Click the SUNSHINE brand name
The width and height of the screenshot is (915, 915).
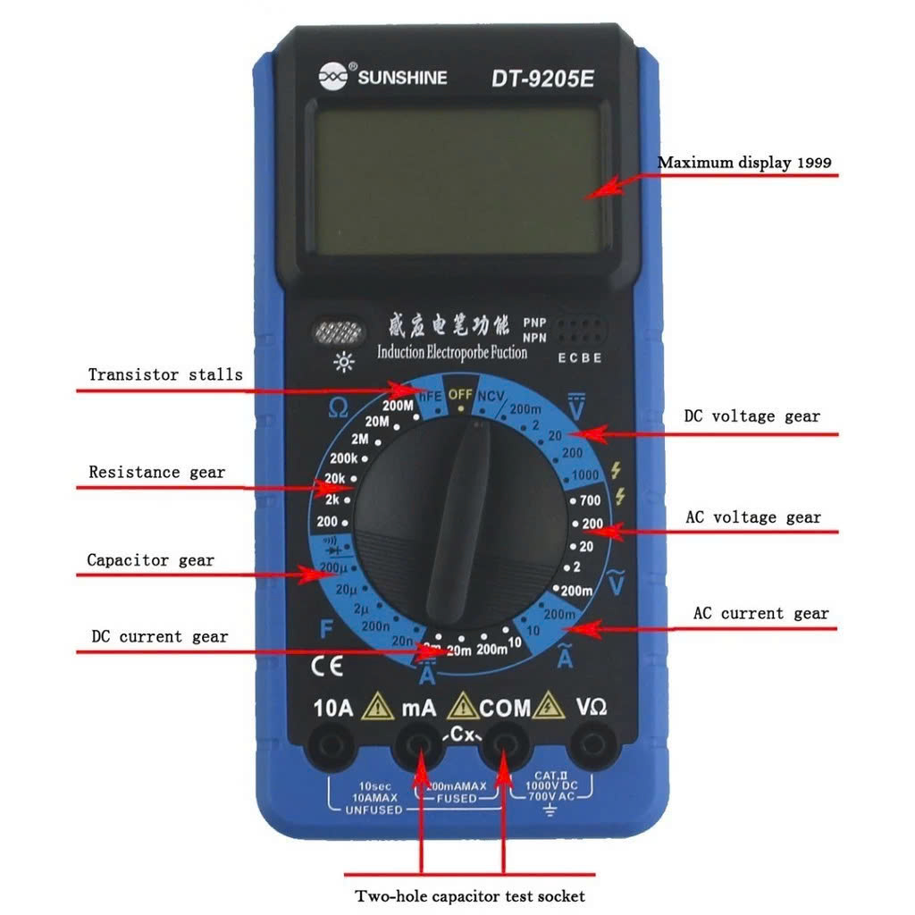pyautogui.click(x=402, y=78)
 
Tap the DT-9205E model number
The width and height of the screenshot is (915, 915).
pyautogui.click(x=542, y=79)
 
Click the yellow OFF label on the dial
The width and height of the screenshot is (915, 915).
pyautogui.click(x=460, y=394)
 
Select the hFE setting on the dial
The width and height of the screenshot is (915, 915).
pyautogui.click(x=431, y=394)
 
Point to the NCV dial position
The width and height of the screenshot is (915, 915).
pyautogui.click(x=490, y=396)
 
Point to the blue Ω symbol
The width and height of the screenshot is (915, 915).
pyautogui.click(x=338, y=408)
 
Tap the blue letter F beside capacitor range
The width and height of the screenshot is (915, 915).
pyautogui.click(x=327, y=629)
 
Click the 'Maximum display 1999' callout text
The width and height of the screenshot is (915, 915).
pyautogui.click(x=744, y=163)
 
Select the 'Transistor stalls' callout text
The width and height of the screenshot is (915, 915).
pyautogui.click(x=165, y=374)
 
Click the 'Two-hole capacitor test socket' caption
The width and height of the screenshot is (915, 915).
pyautogui.click(x=470, y=895)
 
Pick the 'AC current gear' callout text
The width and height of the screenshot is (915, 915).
pyautogui.click(x=761, y=614)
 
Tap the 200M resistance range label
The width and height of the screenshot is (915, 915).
pyautogui.click(x=399, y=405)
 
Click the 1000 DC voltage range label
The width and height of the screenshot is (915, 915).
pyautogui.click(x=586, y=474)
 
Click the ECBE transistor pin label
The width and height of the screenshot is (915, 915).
pyautogui.click(x=580, y=358)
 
